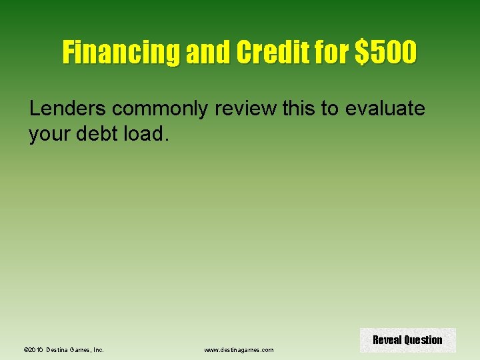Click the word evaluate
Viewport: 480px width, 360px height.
point(384,109)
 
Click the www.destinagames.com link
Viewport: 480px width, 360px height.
point(239,349)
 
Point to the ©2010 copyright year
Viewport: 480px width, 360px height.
point(33,349)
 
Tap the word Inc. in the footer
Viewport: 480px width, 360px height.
point(97,349)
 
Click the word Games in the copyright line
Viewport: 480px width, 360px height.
point(81,349)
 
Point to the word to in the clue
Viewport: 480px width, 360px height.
point(330,109)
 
